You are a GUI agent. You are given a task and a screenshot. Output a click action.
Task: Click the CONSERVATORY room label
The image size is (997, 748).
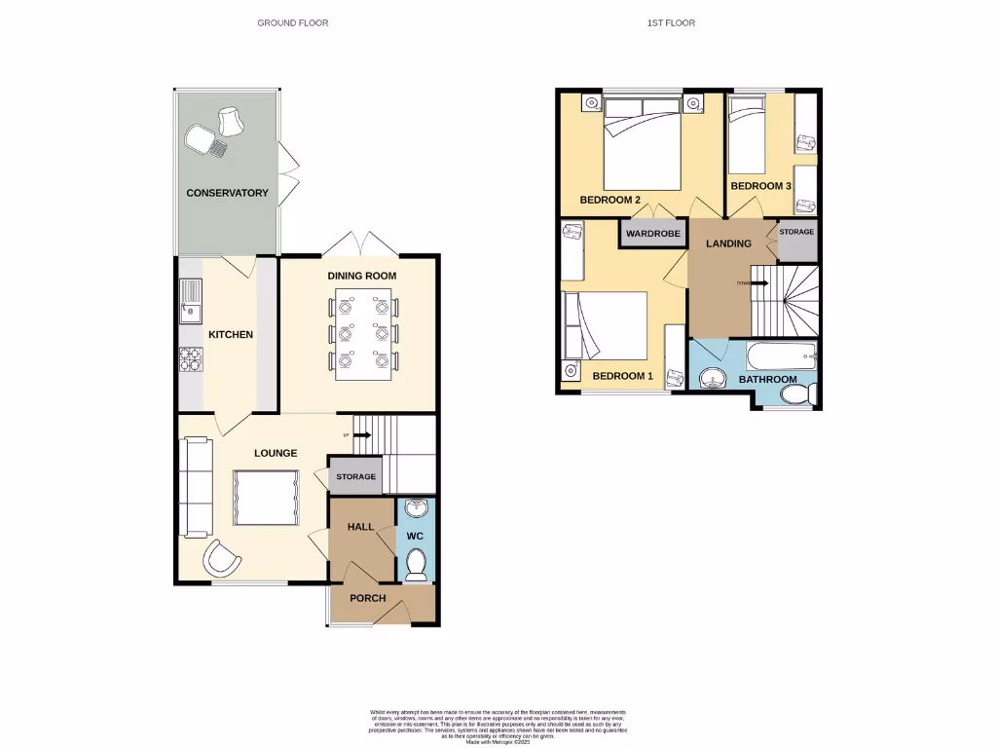click(227, 193)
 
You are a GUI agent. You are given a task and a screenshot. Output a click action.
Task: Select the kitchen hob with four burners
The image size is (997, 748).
click(189, 359)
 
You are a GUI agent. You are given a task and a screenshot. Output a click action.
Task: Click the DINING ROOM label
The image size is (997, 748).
click(361, 276)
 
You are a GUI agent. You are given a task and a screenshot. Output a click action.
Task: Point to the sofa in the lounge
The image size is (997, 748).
click(196, 487)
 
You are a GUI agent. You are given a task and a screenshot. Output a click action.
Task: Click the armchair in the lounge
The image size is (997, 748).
click(222, 559)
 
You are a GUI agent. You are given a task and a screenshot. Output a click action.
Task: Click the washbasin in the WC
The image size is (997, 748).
click(416, 508)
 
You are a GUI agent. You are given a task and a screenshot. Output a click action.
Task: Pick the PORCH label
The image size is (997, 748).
click(367, 598)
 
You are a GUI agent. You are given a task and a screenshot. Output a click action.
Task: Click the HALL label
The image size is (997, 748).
click(361, 527)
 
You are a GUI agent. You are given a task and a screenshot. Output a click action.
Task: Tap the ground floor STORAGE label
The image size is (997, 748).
click(355, 476)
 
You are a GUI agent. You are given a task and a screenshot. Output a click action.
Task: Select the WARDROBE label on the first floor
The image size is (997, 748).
click(651, 235)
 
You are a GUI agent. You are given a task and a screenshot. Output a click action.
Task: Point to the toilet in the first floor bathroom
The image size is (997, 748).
click(797, 394)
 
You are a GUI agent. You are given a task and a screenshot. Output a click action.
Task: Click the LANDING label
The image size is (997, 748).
click(728, 243)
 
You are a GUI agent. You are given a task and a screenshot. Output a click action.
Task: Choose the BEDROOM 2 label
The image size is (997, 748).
click(609, 201)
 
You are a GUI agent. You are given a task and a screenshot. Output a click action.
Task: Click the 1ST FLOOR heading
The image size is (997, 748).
click(671, 22)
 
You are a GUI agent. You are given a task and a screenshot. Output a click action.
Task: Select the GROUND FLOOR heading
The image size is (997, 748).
click(292, 22)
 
